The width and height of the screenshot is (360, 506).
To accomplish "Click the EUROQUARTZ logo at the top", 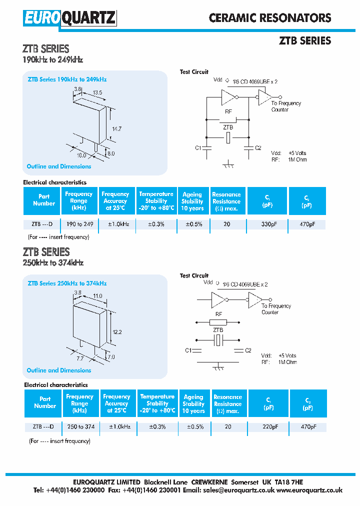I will coord(69,18).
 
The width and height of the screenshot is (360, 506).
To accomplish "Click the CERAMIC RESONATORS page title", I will coord(270,18).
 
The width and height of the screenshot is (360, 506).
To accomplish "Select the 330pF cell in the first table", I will coord(267,224).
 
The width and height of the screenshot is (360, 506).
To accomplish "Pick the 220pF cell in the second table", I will coord(268,427).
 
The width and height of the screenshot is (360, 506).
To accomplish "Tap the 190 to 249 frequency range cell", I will coord(78,224).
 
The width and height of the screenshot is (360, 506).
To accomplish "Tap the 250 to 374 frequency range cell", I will coord(80,427).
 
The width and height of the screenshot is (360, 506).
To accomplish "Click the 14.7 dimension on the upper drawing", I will coord(117,129).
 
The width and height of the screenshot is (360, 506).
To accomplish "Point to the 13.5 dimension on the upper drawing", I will coord(97,92).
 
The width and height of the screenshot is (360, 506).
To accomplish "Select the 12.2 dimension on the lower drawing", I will coord(116,332).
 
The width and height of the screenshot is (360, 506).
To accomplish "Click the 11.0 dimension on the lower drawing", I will coord(97,296).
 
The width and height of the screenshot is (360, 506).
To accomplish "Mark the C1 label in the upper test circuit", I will coord(198,148).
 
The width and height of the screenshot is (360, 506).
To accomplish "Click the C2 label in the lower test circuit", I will coord(248,350).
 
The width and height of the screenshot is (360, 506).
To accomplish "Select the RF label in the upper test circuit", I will coord(228,112).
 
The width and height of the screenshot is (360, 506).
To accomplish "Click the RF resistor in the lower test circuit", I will coord(218,322).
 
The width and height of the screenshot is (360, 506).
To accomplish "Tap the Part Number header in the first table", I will coord(44,200).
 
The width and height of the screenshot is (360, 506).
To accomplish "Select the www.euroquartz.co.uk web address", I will coord(309,490).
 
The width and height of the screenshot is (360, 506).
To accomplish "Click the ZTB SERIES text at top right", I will coord(304,41).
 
